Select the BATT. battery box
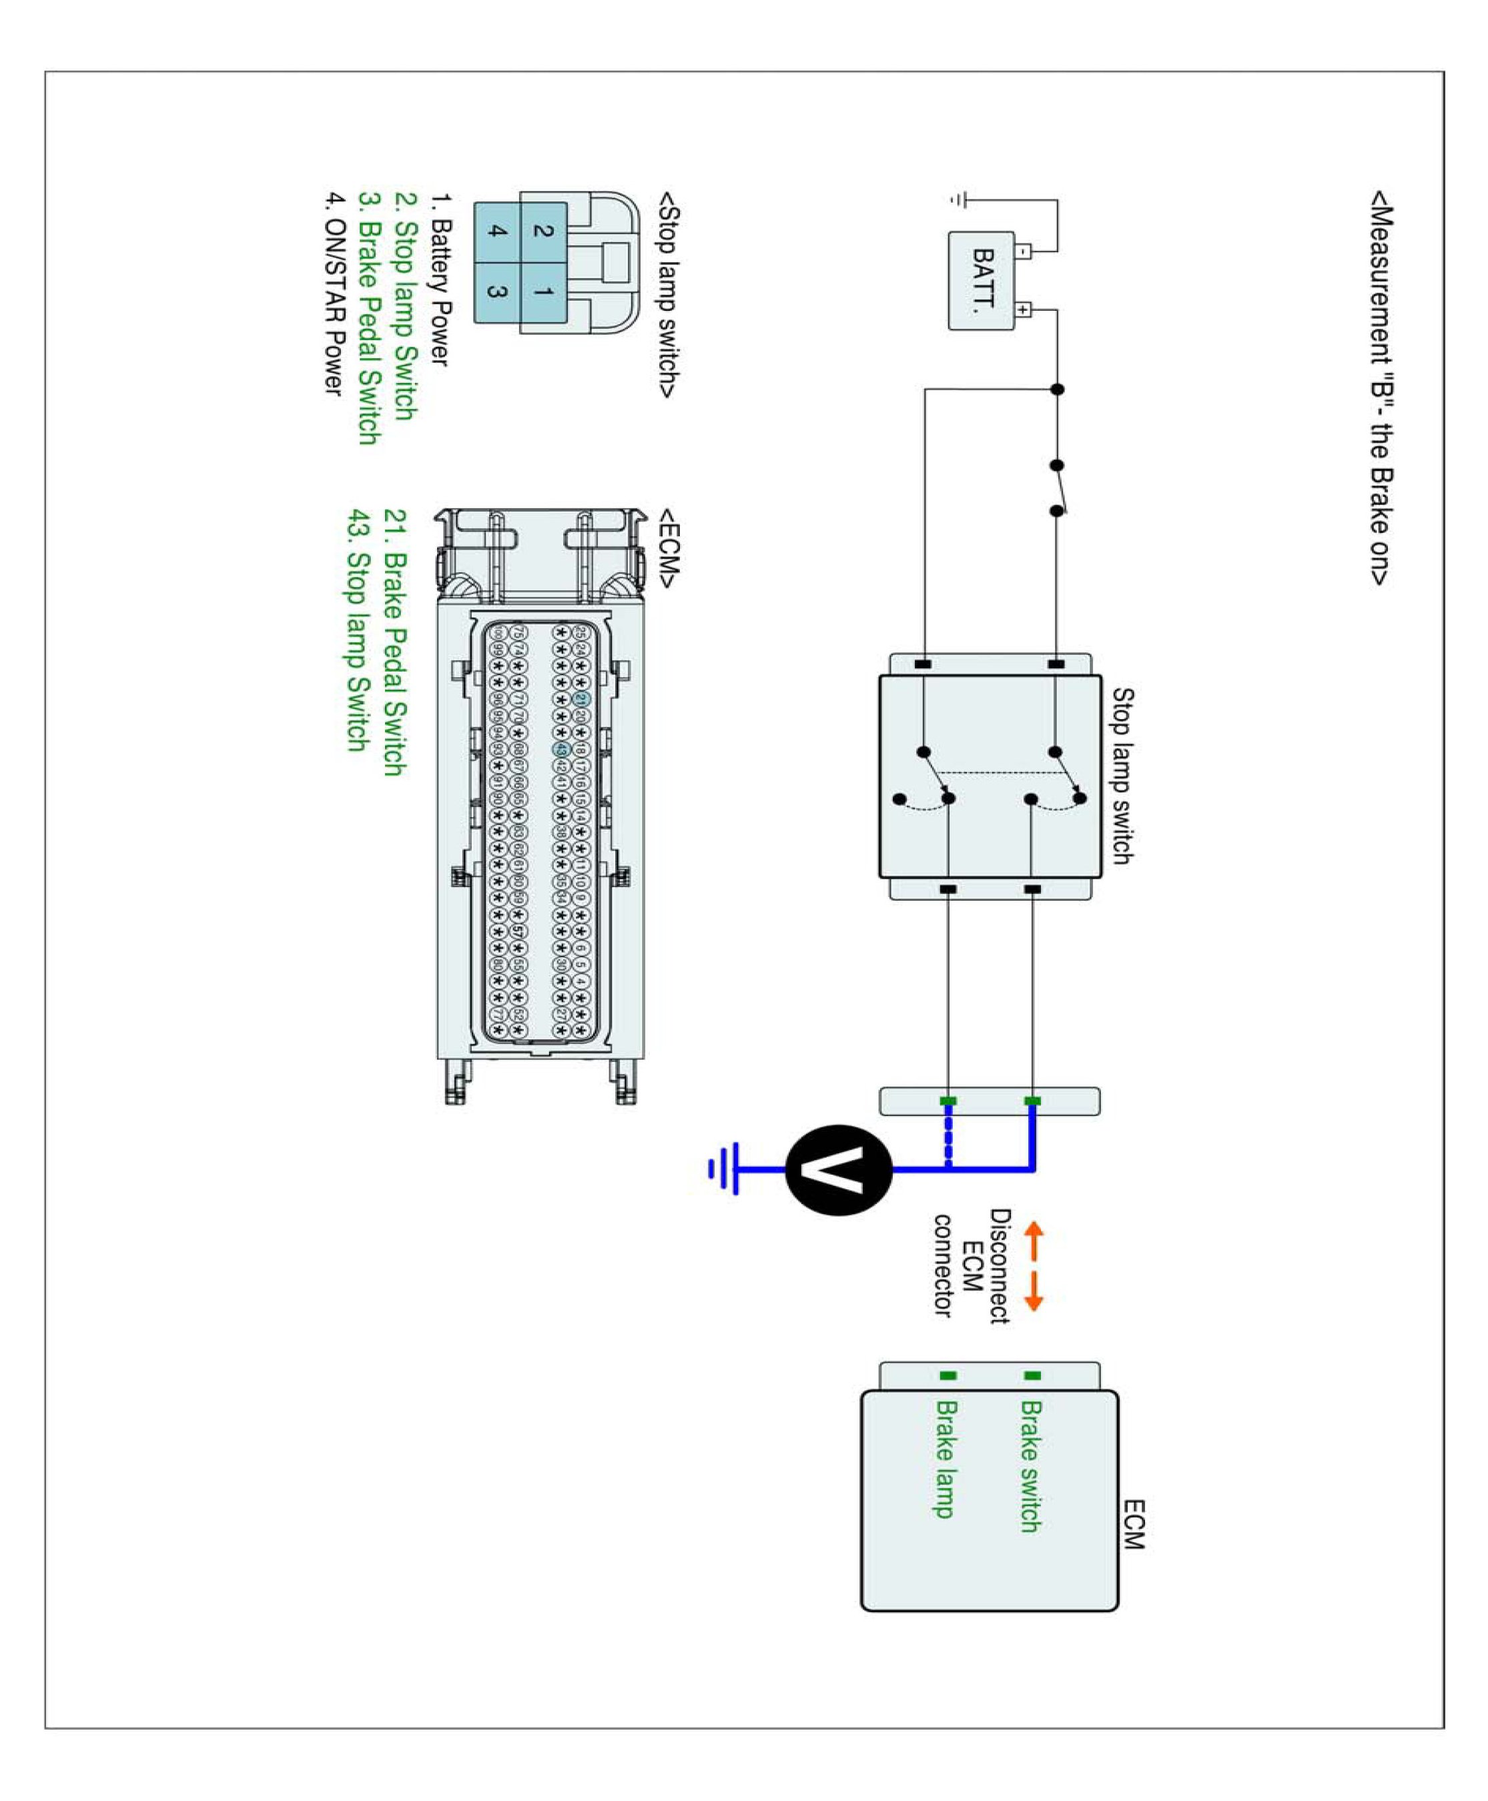[x=982, y=280]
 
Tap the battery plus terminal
[x=1022, y=310]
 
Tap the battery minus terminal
[x=1022, y=251]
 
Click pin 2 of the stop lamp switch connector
[x=542, y=231]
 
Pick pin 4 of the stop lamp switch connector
[x=497, y=231]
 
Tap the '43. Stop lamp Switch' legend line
[x=358, y=630]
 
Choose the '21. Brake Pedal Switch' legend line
[x=394, y=642]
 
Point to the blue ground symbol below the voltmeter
[x=724, y=1169]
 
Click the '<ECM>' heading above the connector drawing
[x=669, y=548]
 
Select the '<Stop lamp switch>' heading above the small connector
[x=669, y=295]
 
